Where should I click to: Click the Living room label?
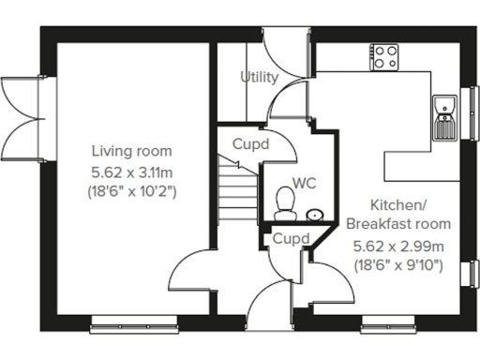131,151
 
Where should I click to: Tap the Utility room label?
259,78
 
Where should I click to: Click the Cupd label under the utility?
251,144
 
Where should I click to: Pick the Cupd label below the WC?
292,239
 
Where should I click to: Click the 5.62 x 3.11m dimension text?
132,172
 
